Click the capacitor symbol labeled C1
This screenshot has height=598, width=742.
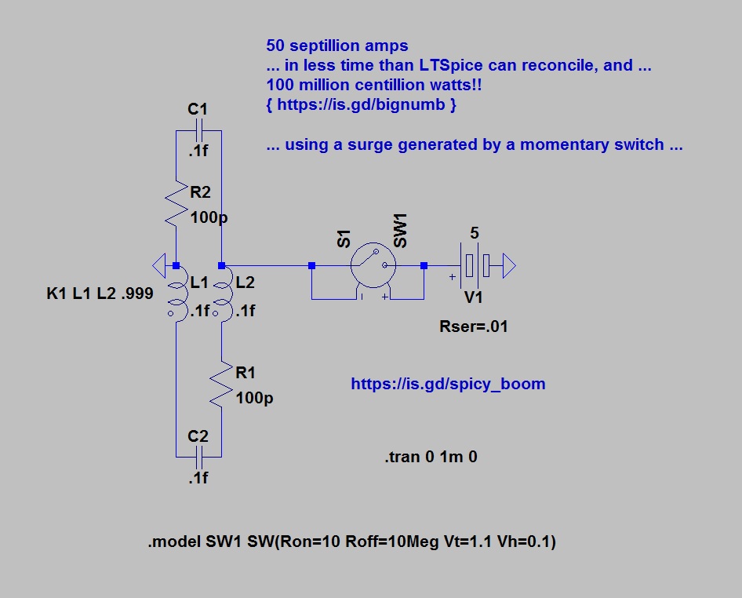click(198, 129)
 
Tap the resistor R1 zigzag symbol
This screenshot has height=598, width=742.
click(222, 384)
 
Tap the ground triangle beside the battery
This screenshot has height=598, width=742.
click(507, 266)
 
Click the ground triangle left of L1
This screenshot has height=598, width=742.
click(160, 265)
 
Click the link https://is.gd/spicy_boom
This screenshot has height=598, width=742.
click(448, 385)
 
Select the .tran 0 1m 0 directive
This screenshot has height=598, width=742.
click(431, 457)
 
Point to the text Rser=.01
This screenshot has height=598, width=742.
click(474, 326)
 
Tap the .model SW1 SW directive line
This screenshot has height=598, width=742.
click(351, 542)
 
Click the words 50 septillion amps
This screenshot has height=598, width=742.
click(337, 46)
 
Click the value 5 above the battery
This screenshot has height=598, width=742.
click(474, 233)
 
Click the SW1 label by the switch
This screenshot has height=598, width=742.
click(401, 233)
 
